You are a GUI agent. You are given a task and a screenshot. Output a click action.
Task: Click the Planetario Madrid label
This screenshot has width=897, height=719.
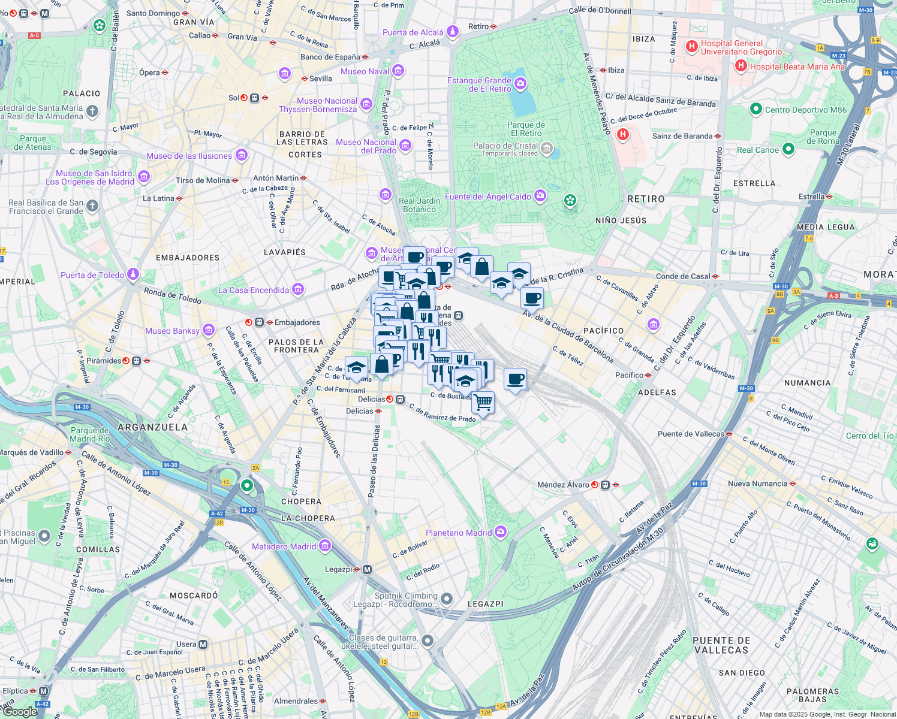[459, 533]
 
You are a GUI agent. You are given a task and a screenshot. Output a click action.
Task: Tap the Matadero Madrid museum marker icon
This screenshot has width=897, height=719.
[325, 546]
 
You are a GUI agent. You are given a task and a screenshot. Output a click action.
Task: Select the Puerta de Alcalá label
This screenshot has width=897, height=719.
[413, 32]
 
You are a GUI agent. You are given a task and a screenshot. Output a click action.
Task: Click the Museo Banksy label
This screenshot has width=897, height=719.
[172, 331]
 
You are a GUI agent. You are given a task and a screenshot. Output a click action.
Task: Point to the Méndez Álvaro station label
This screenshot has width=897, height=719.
[563, 485]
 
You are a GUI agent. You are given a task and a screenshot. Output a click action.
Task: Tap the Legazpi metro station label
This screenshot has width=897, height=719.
[338, 569]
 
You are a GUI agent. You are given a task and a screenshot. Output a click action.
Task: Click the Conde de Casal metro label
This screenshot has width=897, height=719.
[683, 276]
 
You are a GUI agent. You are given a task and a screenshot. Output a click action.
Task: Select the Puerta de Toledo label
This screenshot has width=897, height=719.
[92, 275]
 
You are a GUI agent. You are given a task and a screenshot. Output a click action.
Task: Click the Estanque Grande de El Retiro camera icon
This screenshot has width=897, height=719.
[520, 83]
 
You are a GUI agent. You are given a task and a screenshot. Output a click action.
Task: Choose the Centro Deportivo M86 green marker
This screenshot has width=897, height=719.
[755, 109]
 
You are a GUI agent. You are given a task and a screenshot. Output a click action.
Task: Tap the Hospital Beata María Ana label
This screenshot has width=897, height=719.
[797, 67]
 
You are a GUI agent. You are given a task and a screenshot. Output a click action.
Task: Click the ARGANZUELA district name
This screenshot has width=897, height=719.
[152, 427]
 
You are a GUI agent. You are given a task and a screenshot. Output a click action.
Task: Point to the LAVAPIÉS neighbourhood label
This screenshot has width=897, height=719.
[285, 252]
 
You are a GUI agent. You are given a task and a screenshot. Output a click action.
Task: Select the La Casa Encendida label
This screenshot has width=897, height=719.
[254, 290]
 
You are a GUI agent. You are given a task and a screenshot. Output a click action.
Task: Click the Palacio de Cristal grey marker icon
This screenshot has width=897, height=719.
[546, 148]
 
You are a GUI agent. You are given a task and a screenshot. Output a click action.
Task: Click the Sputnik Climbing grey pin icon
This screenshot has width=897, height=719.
[447, 599]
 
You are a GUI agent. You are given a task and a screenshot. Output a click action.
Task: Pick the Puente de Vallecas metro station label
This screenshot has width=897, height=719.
[691, 434]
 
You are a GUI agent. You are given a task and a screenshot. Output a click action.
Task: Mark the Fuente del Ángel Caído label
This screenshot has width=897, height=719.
[487, 197]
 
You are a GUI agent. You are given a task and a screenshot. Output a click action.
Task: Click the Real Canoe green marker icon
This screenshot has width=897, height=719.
[788, 149]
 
